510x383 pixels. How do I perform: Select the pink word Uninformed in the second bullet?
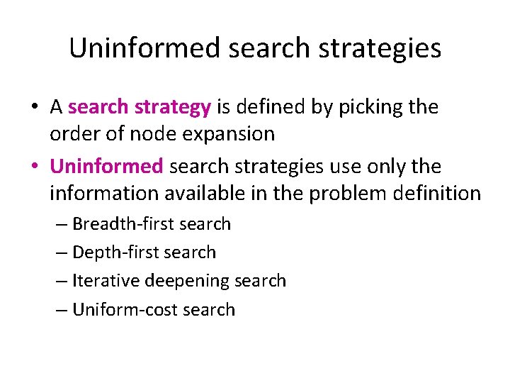tap(107, 167)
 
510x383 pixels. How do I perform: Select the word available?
tap(203, 193)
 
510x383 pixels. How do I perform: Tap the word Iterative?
tap(106, 281)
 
